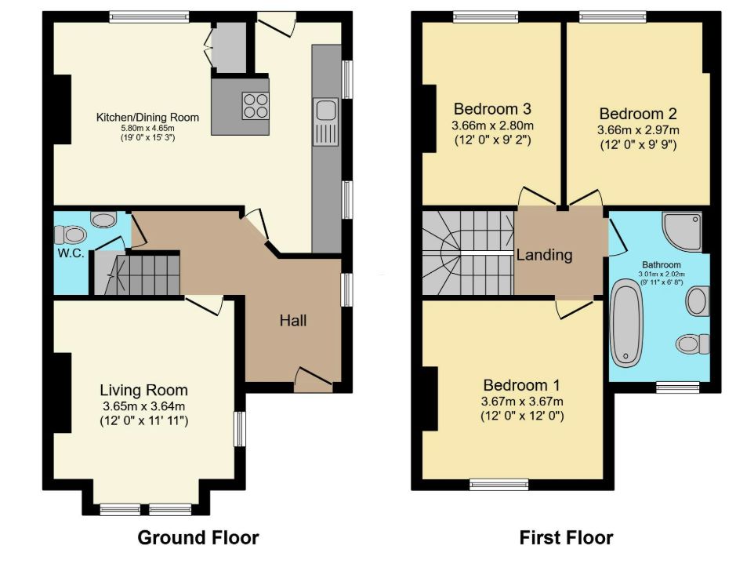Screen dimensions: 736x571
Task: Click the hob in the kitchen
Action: (256, 106)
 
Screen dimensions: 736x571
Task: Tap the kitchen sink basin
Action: (326, 111)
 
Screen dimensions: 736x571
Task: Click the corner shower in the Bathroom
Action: (682, 231)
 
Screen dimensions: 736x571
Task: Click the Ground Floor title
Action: (198, 537)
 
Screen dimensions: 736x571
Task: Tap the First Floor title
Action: (566, 537)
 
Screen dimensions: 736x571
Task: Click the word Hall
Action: (293, 321)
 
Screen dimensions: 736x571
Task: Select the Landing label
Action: (545, 255)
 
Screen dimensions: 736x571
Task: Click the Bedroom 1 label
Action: (521, 386)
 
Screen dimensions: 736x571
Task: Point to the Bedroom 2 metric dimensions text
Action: (638, 130)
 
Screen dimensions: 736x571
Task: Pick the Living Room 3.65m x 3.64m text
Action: (143, 406)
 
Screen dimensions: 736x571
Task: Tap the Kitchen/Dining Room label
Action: (147, 118)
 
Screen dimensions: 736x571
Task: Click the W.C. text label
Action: (71, 254)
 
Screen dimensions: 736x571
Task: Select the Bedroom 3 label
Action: (492, 109)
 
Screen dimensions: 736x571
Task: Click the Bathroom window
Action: (677, 387)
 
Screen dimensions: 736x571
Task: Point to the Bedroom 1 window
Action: (499, 485)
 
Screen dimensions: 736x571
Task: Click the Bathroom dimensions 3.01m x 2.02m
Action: (662, 275)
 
